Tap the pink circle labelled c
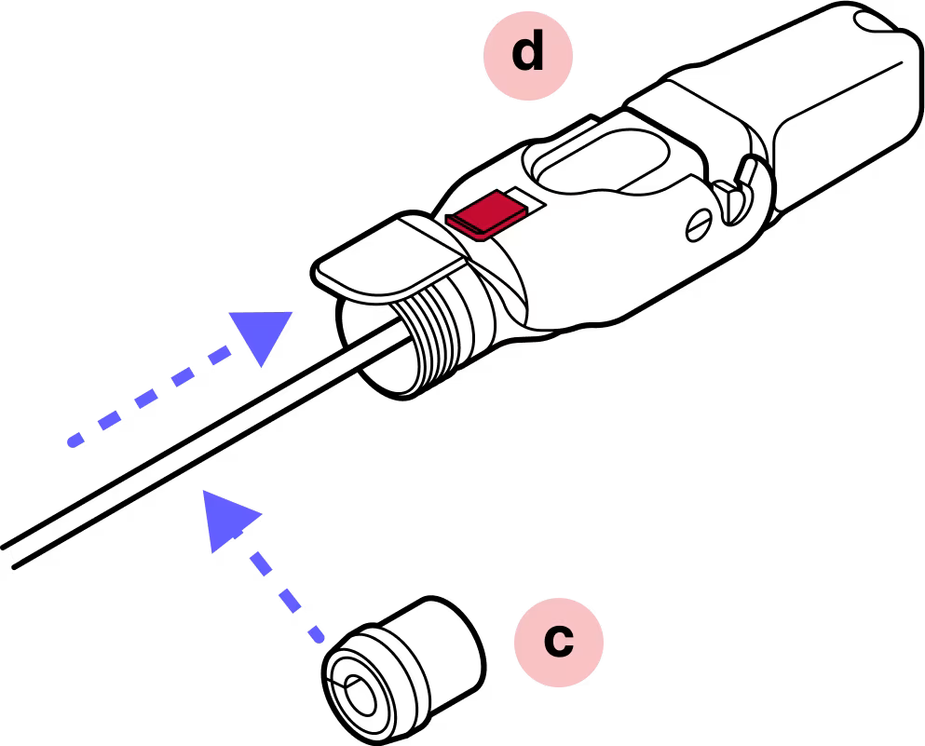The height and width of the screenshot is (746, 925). coord(559,642)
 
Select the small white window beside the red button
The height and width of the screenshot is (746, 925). coord(521,197)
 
